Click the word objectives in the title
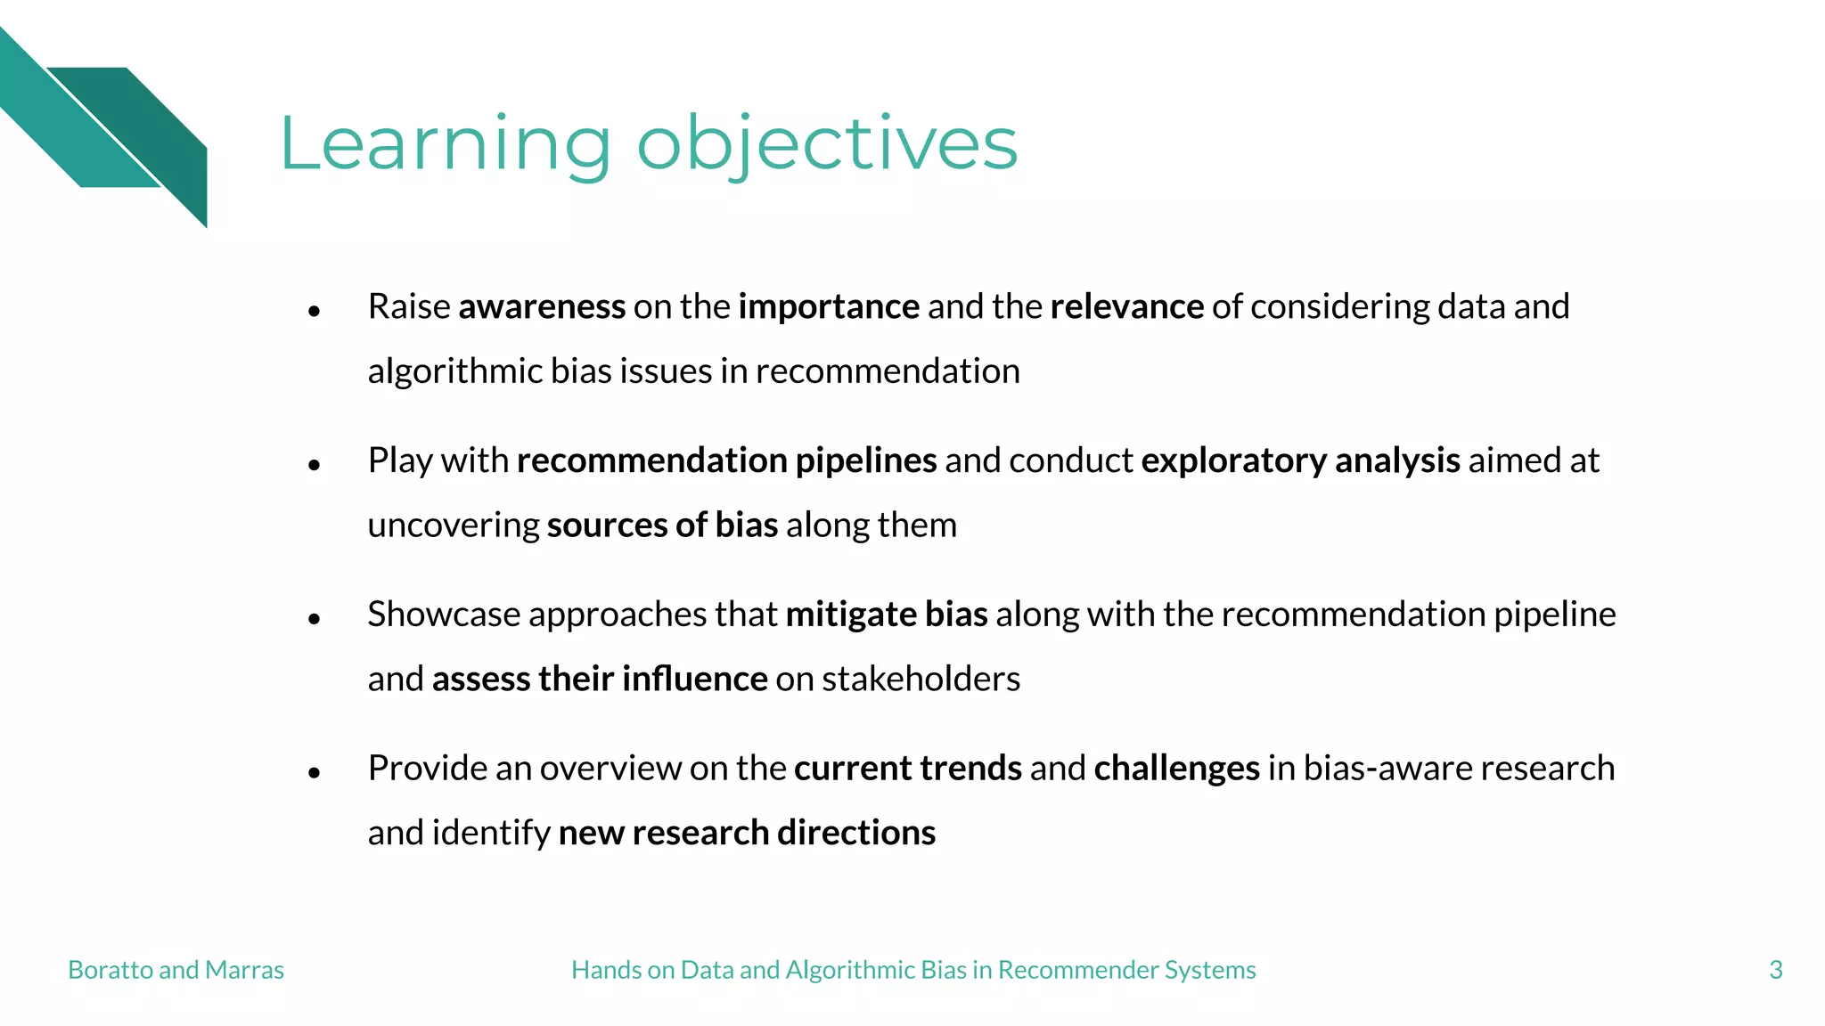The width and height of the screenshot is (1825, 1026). (827, 144)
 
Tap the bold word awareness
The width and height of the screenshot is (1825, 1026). (542, 307)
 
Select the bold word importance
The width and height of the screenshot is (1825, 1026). (829, 307)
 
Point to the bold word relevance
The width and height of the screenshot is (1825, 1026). (1126, 307)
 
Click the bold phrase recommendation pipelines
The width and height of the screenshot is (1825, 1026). (726, 461)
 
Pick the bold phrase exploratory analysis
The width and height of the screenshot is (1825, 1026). (1300, 461)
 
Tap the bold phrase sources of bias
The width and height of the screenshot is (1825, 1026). (662, 525)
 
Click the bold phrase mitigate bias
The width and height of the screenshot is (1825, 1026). (887, 615)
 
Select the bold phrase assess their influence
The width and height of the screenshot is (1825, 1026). (600, 680)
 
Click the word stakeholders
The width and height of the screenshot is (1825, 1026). (921, 680)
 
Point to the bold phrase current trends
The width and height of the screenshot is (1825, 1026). (907, 769)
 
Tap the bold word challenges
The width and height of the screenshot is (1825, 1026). (1176, 769)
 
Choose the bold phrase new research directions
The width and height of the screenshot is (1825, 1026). (747, 834)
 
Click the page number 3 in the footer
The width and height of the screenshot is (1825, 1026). (1775, 970)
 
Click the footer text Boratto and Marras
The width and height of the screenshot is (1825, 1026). (176, 970)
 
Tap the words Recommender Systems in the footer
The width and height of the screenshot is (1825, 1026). (1126, 970)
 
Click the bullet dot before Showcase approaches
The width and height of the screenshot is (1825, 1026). (314, 618)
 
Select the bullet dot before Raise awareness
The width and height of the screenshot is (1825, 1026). (314, 311)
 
